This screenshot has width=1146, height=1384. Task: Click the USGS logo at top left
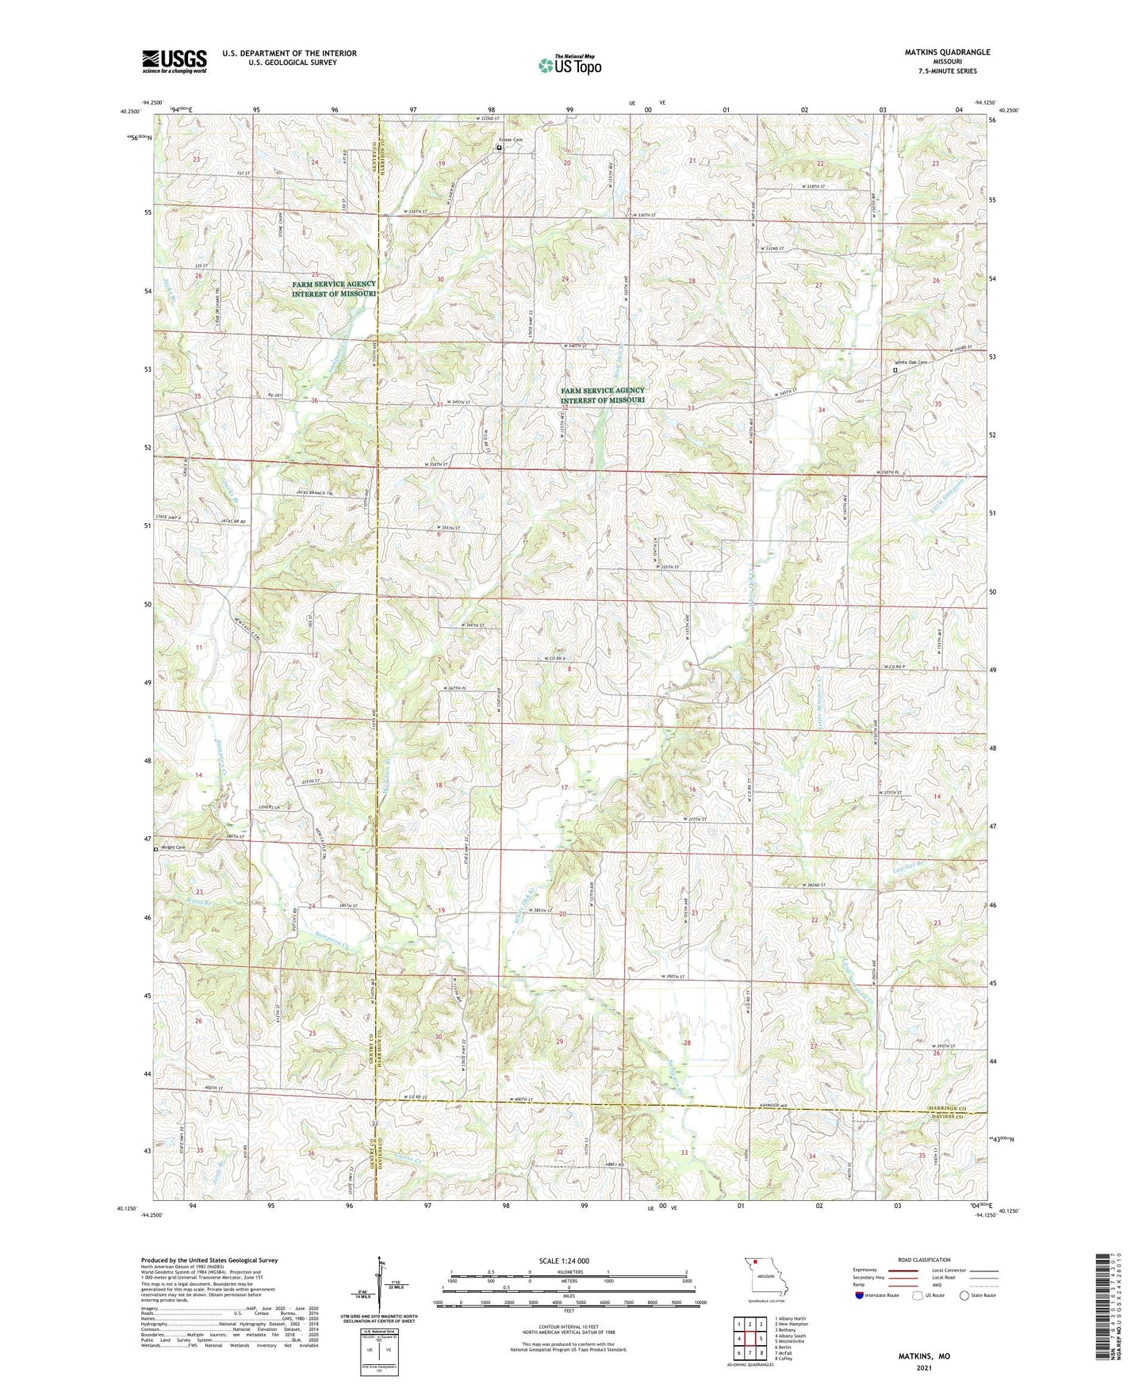(174, 61)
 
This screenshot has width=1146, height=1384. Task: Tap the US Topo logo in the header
(569, 65)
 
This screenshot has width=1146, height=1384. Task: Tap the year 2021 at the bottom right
(923, 1367)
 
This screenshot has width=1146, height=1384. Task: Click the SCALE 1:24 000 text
(563, 1260)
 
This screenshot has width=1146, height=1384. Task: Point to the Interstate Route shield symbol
(860, 1295)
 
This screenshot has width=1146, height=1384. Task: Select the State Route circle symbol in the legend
(964, 1295)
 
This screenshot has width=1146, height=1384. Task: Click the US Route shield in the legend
(918, 1295)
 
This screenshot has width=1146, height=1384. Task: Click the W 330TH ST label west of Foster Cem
(415, 212)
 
